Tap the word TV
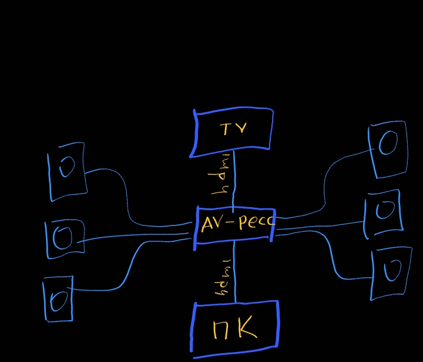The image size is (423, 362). click(x=233, y=128)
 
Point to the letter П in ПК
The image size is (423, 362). click(x=221, y=330)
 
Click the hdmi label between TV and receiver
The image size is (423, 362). click(x=220, y=177)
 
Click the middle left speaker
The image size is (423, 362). click(x=63, y=238)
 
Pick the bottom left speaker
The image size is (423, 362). click(x=58, y=300)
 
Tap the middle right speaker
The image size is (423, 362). click(x=384, y=212)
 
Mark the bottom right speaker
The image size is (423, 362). click(x=391, y=273)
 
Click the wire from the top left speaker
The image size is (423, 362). click(x=127, y=194)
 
